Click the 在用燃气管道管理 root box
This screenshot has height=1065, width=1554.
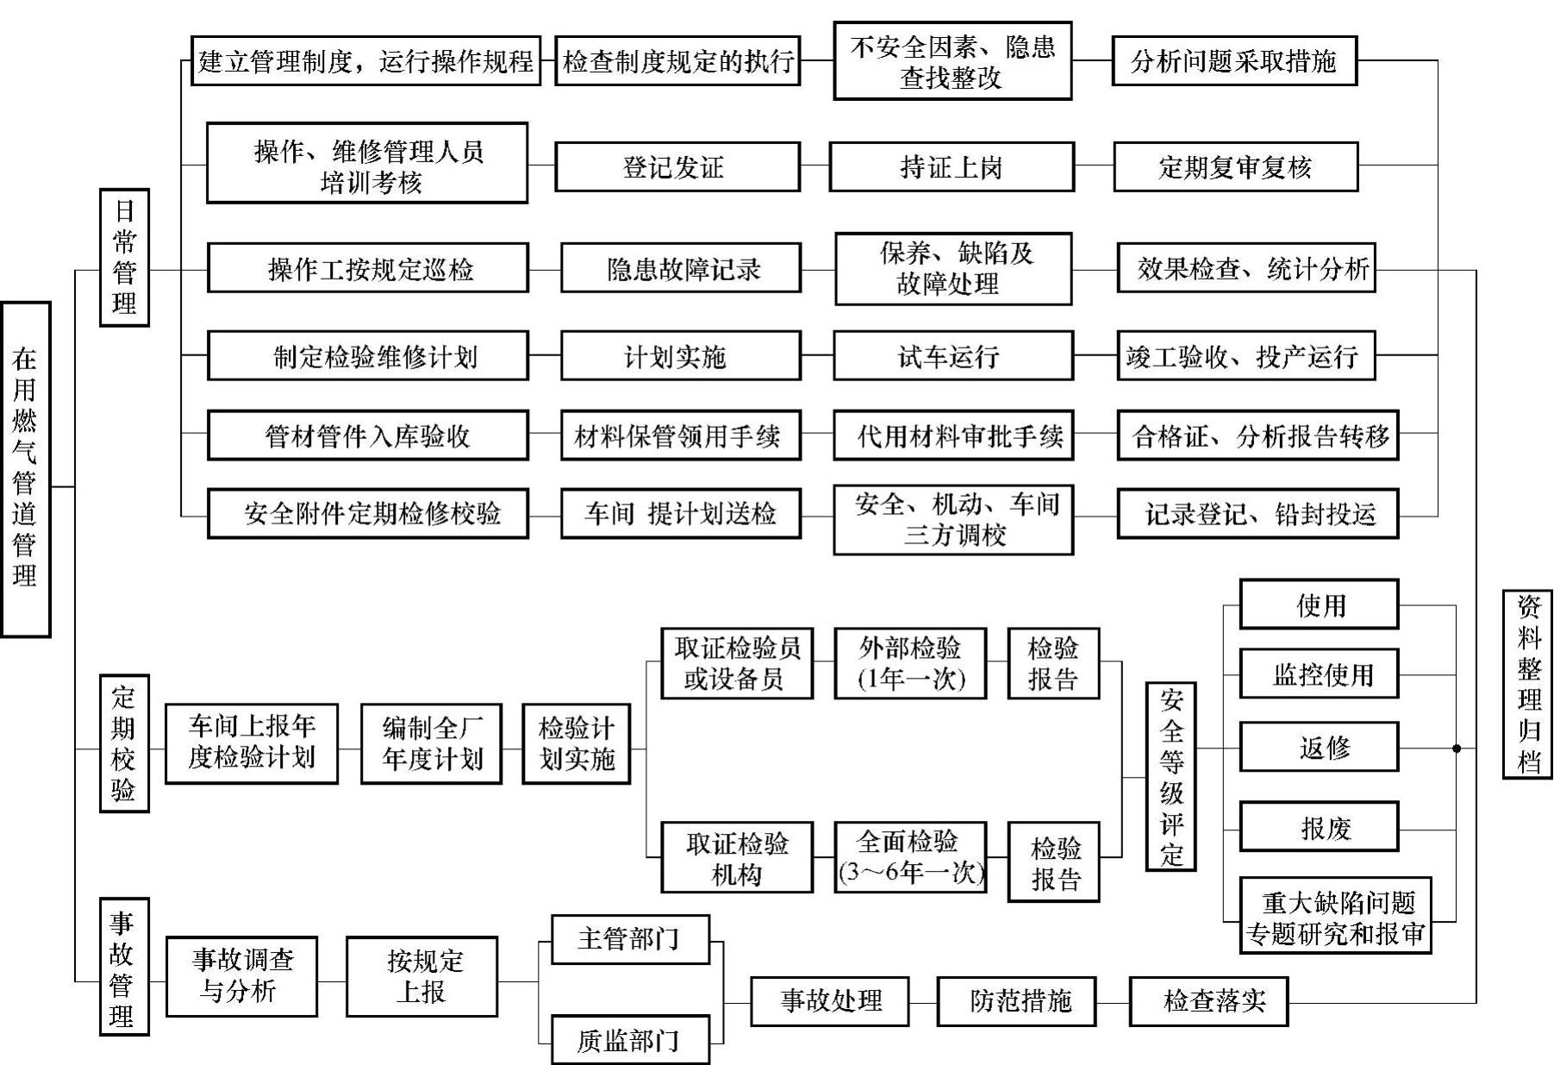[x=25, y=469]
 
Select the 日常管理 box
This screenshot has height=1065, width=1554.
[x=124, y=257]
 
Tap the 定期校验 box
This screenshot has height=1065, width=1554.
[x=124, y=743]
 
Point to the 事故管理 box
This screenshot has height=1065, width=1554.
[x=124, y=967]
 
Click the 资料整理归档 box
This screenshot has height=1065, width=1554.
[x=1527, y=685]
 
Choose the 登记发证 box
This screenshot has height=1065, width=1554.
[x=677, y=167]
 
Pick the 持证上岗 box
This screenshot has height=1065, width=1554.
[x=952, y=167]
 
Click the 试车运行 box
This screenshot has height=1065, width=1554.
[x=952, y=355]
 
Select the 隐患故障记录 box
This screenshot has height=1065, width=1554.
[x=681, y=269]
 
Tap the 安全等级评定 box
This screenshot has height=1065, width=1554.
[x=1170, y=776]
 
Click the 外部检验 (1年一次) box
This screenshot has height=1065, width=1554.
[x=910, y=663]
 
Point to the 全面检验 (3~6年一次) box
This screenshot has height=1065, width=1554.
[x=910, y=857]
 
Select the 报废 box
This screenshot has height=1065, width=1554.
[x=1319, y=828]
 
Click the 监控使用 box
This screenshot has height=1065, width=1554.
[x=1319, y=673]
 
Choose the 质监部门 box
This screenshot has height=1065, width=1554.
[x=630, y=1040]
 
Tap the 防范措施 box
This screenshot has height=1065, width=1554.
[x=1016, y=1001]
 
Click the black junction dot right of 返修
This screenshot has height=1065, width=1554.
[x=1457, y=748]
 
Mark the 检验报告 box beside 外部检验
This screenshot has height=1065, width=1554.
[x=1053, y=663]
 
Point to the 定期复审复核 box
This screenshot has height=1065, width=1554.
[x=1235, y=167]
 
